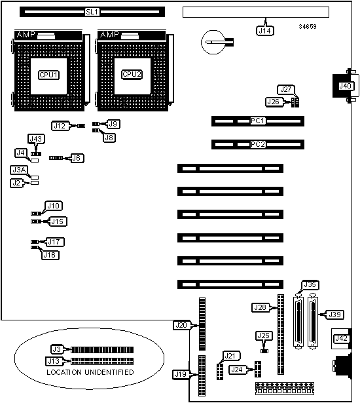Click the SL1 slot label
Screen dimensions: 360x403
click(92, 12)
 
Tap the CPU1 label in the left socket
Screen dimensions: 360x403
click(49, 75)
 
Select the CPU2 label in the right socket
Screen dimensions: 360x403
click(132, 74)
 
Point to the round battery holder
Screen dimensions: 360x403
click(213, 42)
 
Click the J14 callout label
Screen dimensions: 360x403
click(264, 31)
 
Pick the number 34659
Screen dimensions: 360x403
click(308, 26)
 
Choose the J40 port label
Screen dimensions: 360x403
click(346, 86)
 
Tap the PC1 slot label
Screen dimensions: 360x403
click(257, 121)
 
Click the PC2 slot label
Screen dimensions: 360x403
click(257, 144)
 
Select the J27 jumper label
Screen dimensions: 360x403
click(286, 89)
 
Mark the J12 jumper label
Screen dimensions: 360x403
click(60, 126)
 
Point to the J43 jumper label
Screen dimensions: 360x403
click(36, 139)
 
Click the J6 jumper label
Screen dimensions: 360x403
click(77, 158)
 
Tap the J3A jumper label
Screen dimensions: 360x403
click(19, 170)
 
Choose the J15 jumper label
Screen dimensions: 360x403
click(57, 221)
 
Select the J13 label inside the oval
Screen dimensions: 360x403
click(54, 361)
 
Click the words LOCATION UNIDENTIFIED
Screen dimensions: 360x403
click(90, 372)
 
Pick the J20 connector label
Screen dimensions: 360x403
click(181, 326)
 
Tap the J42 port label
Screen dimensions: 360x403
click(342, 339)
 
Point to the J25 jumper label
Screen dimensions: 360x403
click(264, 336)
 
